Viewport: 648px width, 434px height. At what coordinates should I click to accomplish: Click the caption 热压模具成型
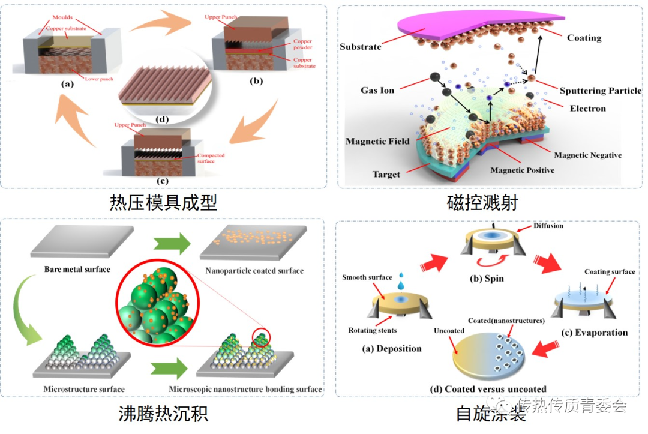point(163,203)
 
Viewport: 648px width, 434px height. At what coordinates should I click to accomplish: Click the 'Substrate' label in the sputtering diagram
point(360,47)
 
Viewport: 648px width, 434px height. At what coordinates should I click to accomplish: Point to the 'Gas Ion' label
point(377,90)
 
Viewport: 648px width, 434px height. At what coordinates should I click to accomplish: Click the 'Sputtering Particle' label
point(600,91)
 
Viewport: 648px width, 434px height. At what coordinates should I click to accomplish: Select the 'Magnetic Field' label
point(377,142)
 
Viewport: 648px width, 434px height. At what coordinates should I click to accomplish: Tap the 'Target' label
point(386,175)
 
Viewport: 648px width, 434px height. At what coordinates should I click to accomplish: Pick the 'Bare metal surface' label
point(77,270)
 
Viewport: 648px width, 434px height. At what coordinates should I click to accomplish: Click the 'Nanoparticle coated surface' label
point(254,271)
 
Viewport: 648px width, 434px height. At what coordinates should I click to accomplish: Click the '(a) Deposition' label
point(392,349)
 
